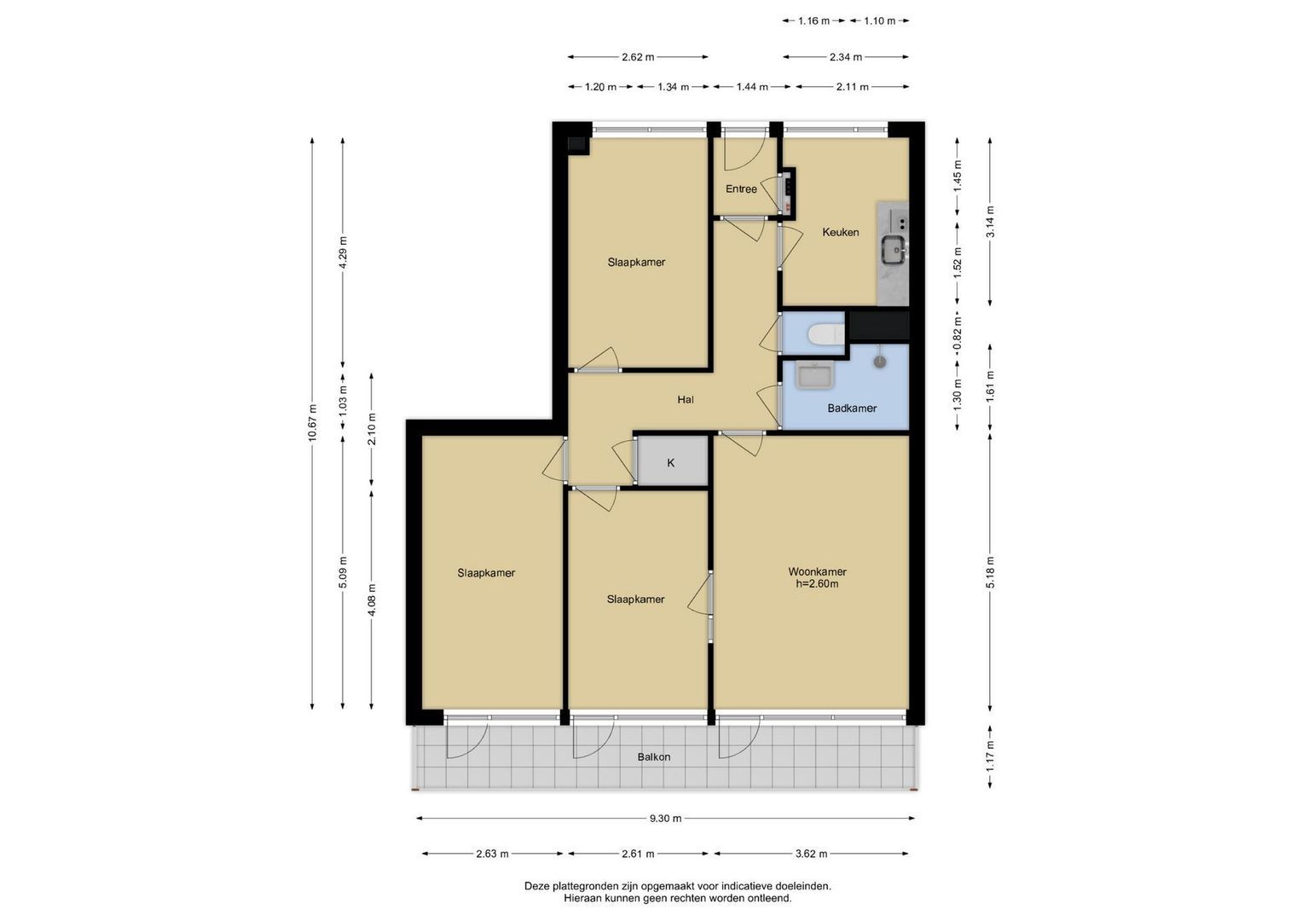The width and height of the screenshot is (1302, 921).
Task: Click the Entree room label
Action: click(741, 189)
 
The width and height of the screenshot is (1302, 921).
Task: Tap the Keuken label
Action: click(841, 232)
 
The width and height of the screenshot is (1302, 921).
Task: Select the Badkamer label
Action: click(852, 408)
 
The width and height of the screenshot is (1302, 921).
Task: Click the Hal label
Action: click(686, 399)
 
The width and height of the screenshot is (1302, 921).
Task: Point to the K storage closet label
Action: click(671, 463)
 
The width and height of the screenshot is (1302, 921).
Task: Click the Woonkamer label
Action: click(817, 571)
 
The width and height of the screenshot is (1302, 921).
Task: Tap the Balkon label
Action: click(654, 757)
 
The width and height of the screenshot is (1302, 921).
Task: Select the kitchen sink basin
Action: click(894, 250)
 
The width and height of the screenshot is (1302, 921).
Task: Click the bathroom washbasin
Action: click(814, 375)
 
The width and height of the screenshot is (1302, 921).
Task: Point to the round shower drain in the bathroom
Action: click(880, 362)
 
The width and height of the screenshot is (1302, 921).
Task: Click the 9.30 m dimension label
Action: click(666, 818)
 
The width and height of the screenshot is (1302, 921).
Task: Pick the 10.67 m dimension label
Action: click(312, 423)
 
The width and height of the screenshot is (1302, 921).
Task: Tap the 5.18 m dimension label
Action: click(990, 572)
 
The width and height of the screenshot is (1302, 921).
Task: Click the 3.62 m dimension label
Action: click(811, 854)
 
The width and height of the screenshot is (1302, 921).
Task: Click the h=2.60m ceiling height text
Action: click(817, 584)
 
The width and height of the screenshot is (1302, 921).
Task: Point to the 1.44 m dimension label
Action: click(752, 87)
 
